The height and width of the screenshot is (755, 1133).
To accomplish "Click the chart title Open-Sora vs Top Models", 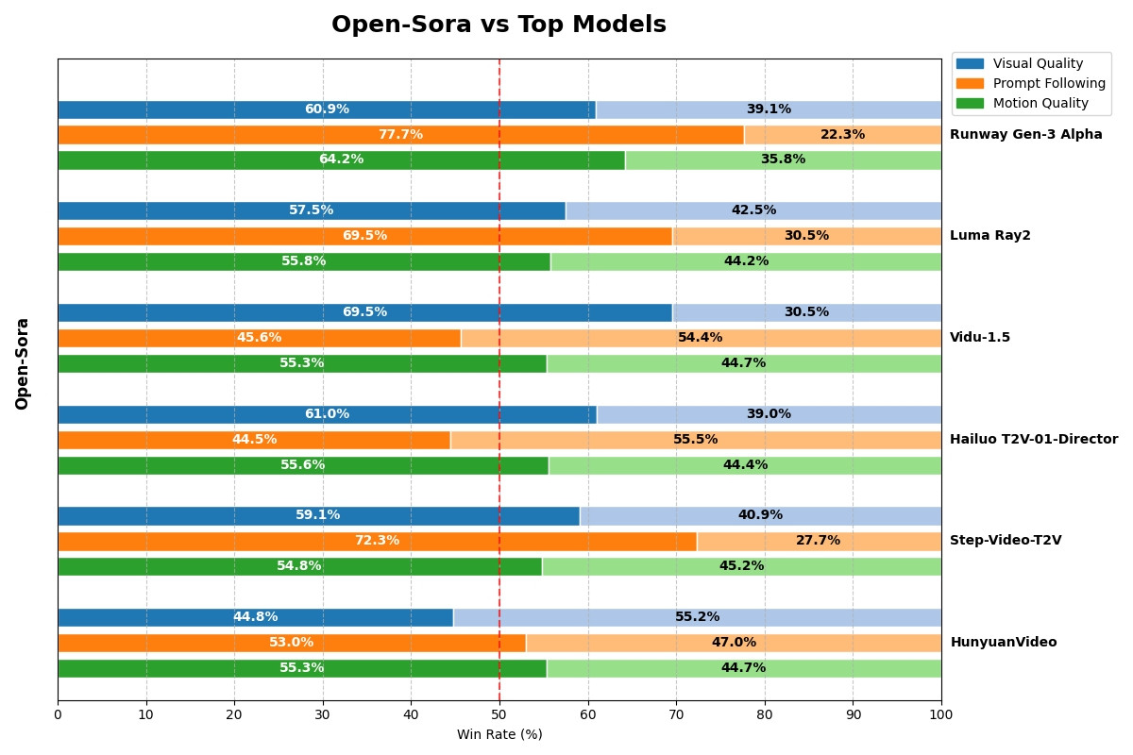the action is pos(499,25).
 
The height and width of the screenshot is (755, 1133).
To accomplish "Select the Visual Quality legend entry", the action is pos(1031,63).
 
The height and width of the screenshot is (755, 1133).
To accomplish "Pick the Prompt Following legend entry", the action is pos(1031,83).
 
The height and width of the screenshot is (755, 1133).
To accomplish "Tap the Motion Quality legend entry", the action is pos(1031,103).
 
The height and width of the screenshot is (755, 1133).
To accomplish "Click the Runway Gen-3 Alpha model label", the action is pos(1025,134).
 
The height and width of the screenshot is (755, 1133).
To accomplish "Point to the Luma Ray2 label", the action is pos(989,235).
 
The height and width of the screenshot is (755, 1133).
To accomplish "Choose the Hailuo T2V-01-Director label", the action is pos(1034,439).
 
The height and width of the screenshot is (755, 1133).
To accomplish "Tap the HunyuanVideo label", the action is pos(1004,642).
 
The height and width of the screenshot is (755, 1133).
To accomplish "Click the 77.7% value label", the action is pos(400,134).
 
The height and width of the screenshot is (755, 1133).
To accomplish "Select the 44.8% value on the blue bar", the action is pos(256,616).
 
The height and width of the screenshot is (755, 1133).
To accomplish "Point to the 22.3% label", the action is pos(842,134).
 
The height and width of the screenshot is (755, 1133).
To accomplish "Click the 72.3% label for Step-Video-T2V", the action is pos(378,540).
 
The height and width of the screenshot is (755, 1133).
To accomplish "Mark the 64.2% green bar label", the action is pos(342,159).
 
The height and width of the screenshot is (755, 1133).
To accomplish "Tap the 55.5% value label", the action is pos(696,439).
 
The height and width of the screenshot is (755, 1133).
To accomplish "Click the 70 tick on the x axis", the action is pos(676,714).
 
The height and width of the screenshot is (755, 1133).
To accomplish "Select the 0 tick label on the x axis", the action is pos(59,714).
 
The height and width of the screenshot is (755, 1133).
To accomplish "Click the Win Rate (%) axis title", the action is pos(499,734).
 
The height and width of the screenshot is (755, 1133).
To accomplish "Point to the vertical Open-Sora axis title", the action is pos(22,364).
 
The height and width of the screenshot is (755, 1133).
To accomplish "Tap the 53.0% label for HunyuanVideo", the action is pos(292,642).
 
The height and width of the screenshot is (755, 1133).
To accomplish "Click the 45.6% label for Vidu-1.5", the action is pos(259,337).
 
